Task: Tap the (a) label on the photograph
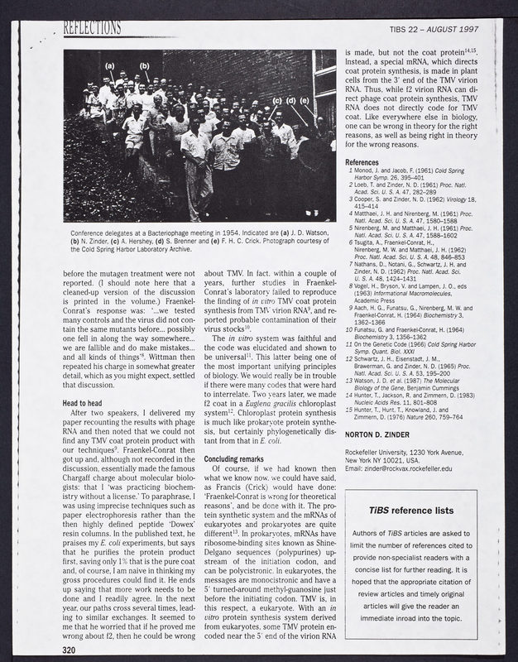coord(110,65)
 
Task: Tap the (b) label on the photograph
coord(145,65)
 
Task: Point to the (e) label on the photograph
coord(305,102)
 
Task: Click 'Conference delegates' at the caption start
coord(95,233)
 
